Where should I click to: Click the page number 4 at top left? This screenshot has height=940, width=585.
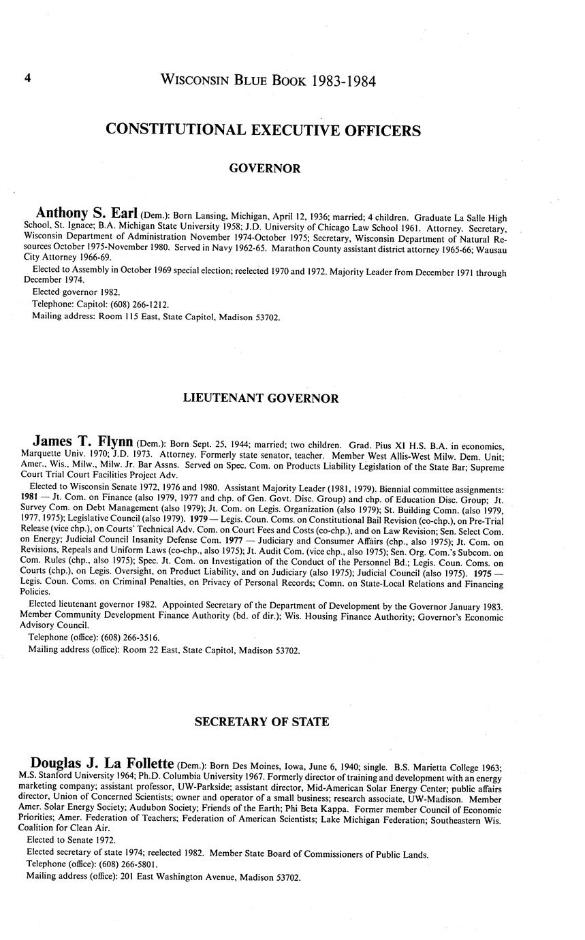(28, 79)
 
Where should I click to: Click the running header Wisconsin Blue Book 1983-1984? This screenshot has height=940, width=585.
(268, 80)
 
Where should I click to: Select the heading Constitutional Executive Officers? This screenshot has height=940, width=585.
(263, 130)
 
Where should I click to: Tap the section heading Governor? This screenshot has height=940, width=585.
(264, 168)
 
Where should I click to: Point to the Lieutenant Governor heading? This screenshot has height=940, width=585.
(261, 398)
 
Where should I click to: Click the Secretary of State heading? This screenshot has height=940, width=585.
(262, 721)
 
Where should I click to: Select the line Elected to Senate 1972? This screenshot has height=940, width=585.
(71, 840)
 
